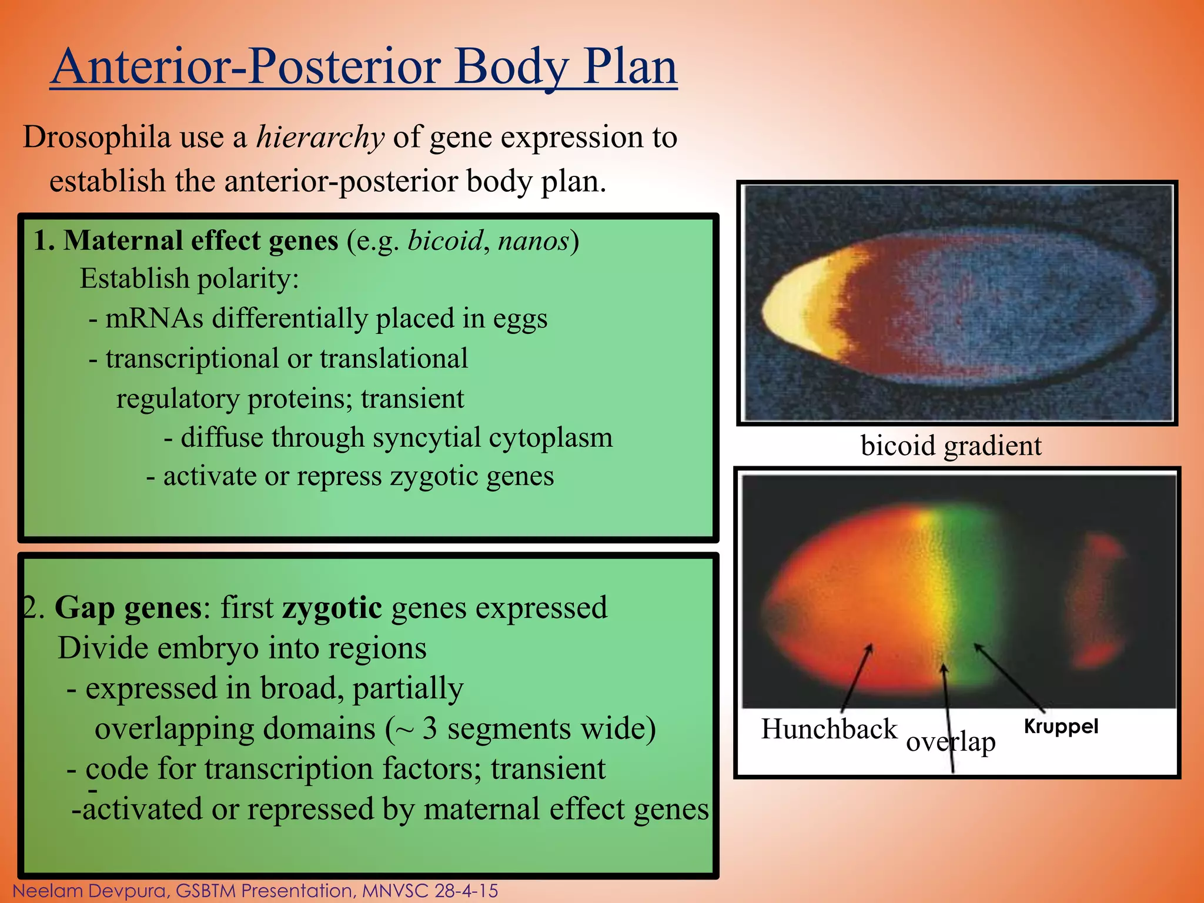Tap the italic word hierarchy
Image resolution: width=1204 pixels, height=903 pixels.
pos(320,138)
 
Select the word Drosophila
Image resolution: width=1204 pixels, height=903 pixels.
pos(97,138)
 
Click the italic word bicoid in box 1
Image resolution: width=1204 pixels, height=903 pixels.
pos(445,241)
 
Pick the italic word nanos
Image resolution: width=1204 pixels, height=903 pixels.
pos(534,241)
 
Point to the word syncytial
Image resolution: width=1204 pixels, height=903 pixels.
pos(426,437)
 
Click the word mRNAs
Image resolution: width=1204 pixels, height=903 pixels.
pos(154,319)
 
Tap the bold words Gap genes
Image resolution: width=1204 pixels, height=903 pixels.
pos(128,607)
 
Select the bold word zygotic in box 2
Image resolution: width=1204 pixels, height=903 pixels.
pos(332,607)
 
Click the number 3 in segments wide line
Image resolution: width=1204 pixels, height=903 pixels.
pos(430,728)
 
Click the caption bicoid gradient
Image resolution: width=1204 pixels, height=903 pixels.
pos(951,446)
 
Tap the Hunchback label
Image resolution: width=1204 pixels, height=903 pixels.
pos(829,729)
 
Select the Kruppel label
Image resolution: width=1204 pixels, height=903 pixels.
pos(1061,727)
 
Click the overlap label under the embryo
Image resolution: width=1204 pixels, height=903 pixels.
pos(950,742)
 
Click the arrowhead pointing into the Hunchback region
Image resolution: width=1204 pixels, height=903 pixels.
pos(869,648)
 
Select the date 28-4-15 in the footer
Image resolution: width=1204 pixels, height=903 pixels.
pos(466,891)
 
